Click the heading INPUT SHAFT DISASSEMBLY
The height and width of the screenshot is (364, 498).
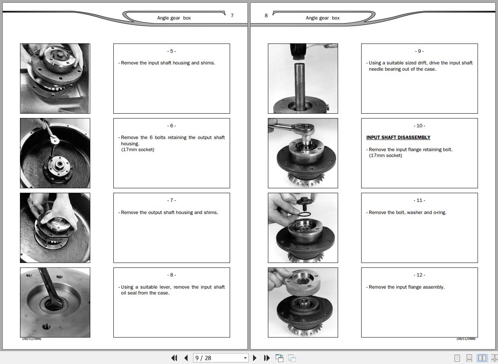coord(398,137)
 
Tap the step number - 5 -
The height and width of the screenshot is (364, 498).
coord(172,51)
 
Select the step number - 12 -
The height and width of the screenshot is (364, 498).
coord(419,275)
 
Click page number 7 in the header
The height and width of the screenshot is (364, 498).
coord(232,16)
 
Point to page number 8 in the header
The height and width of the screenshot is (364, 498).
coord(266,16)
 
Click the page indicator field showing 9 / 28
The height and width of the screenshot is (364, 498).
coord(220,358)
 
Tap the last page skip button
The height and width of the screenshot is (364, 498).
coord(267,358)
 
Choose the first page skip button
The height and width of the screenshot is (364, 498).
coord(174,358)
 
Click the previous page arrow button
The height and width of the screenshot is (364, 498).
coord(186,358)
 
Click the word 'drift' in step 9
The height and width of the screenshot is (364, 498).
coord(423,63)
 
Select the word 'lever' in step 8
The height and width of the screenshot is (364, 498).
coord(165,287)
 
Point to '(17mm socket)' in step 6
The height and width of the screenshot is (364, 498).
coord(138,150)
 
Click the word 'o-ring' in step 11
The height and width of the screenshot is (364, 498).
coord(440,212)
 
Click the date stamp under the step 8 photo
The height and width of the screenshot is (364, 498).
coord(32,339)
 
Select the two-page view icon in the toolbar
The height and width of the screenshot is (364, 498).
coord(482,358)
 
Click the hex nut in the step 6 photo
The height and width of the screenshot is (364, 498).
coord(59,164)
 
